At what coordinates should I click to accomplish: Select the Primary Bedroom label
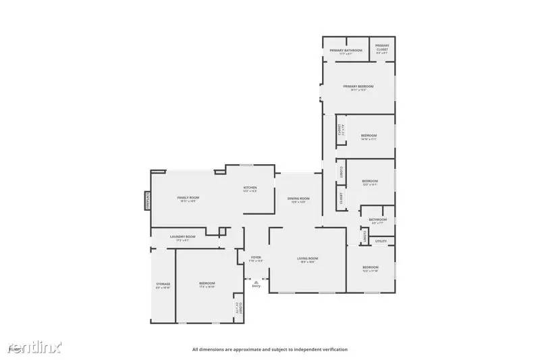[358, 86]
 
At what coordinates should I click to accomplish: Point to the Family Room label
[188, 198]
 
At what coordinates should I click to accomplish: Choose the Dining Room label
[298, 199]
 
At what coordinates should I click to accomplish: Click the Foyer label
[256, 257]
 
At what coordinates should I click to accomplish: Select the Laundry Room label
[182, 236]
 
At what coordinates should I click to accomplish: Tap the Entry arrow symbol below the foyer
[256, 282]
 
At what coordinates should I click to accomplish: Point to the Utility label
[381, 241]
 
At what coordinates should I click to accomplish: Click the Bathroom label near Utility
[377, 220]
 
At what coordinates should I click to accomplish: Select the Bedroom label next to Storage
[207, 284]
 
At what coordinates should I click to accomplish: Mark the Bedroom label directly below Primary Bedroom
[369, 136]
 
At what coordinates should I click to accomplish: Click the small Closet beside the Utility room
[364, 236]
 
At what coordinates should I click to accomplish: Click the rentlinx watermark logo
[34, 347]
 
